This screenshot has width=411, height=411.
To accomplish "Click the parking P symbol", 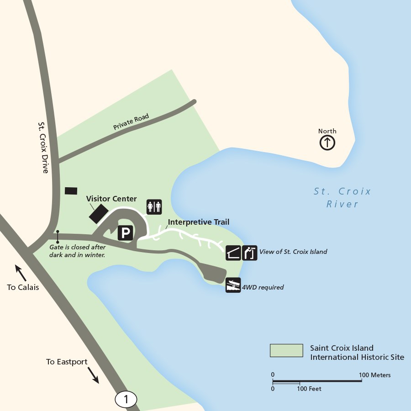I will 125,233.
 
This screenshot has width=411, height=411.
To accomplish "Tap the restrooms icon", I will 154,207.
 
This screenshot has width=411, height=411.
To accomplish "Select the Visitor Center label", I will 111,199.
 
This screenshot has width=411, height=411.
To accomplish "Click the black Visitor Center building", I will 99,214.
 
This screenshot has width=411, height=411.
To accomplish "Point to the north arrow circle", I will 327,143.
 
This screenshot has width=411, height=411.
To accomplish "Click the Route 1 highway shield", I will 126,399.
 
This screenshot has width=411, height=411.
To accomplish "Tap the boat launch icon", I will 233,285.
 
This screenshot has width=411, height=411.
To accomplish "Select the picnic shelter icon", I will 233,253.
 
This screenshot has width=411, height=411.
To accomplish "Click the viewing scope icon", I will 250,253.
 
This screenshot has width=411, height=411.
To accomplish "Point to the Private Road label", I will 131,122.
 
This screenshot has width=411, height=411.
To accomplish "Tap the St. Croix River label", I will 342,197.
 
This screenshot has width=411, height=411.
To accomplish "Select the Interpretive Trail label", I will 198,222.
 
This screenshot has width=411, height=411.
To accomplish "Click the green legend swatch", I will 286,350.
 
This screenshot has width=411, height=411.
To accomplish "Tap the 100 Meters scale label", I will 374,375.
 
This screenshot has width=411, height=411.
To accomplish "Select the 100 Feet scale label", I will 309,389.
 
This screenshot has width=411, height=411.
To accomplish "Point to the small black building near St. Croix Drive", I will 71,190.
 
